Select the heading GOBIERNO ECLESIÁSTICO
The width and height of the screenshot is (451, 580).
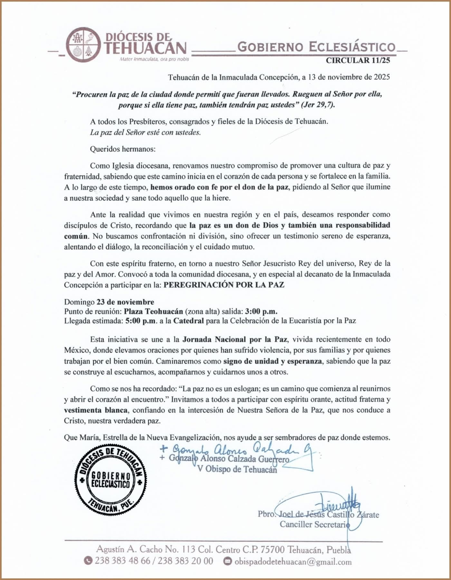[x=316, y=47]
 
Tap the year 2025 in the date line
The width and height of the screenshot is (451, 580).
[x=382, y=77]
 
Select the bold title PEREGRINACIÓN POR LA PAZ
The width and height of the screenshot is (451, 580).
[x=224, y=285]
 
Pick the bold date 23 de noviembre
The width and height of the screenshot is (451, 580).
[x=125, y=302]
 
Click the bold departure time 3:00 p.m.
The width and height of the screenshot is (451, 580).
[x=261, y=312]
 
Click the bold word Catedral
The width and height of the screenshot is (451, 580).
[x=188, y=321]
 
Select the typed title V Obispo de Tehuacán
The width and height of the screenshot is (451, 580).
[x=237, y=469]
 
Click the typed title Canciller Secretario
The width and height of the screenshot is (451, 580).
[x=315, y=524]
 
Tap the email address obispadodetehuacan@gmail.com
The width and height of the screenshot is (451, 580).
[x=293, y=562]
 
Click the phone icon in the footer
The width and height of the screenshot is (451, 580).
[x=88, y=561]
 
